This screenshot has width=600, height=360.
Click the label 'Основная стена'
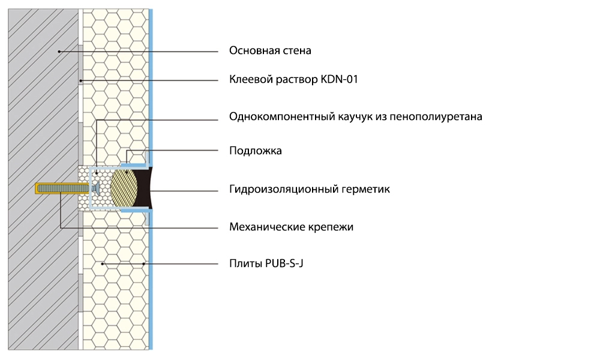click(270, 51)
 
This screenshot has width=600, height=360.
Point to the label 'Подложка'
click(255, 151)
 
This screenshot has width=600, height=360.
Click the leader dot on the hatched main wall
click(59, 52)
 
